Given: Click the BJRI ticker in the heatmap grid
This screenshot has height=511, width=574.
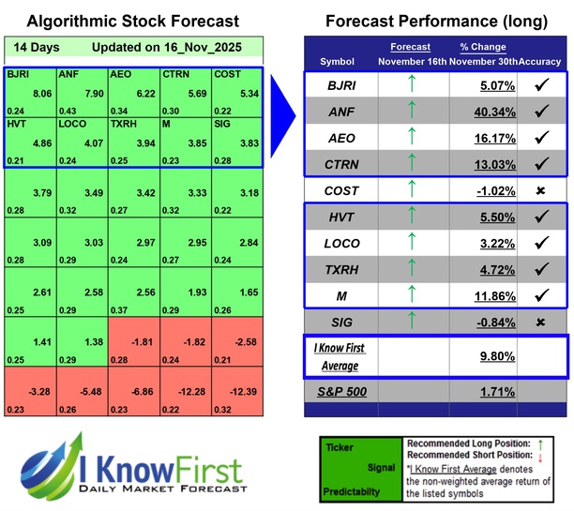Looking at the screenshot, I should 18,74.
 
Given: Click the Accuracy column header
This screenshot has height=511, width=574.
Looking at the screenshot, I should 540,61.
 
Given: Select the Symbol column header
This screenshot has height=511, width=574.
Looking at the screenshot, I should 338,61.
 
